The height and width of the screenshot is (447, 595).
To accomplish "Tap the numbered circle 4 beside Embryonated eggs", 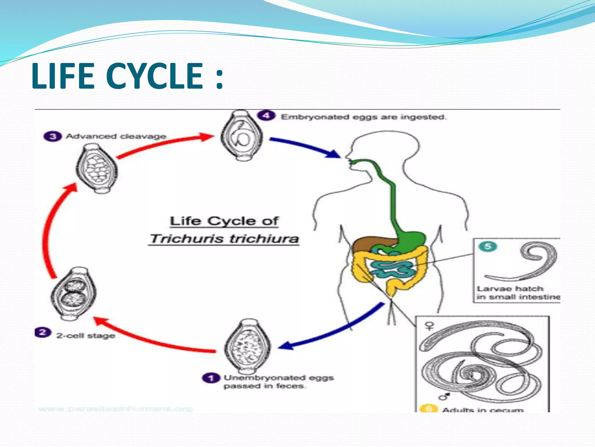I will click(266, 116).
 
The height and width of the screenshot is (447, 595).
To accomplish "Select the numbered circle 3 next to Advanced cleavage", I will click(53, 136).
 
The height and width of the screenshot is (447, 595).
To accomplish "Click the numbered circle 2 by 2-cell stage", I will click(43, 332).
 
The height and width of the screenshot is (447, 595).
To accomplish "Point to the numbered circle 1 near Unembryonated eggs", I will click(211, 378).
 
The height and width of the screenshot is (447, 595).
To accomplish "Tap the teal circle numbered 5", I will click(488, 246).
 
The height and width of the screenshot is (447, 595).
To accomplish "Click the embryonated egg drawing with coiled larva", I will click(242, 135).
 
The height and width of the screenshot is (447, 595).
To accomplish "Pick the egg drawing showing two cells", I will click(74, 294).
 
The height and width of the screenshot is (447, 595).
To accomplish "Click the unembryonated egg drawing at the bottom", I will click(247, 347).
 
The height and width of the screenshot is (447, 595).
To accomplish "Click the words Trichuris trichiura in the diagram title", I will click(224, 239).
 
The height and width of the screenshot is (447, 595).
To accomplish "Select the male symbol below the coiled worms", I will click(444, 396).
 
